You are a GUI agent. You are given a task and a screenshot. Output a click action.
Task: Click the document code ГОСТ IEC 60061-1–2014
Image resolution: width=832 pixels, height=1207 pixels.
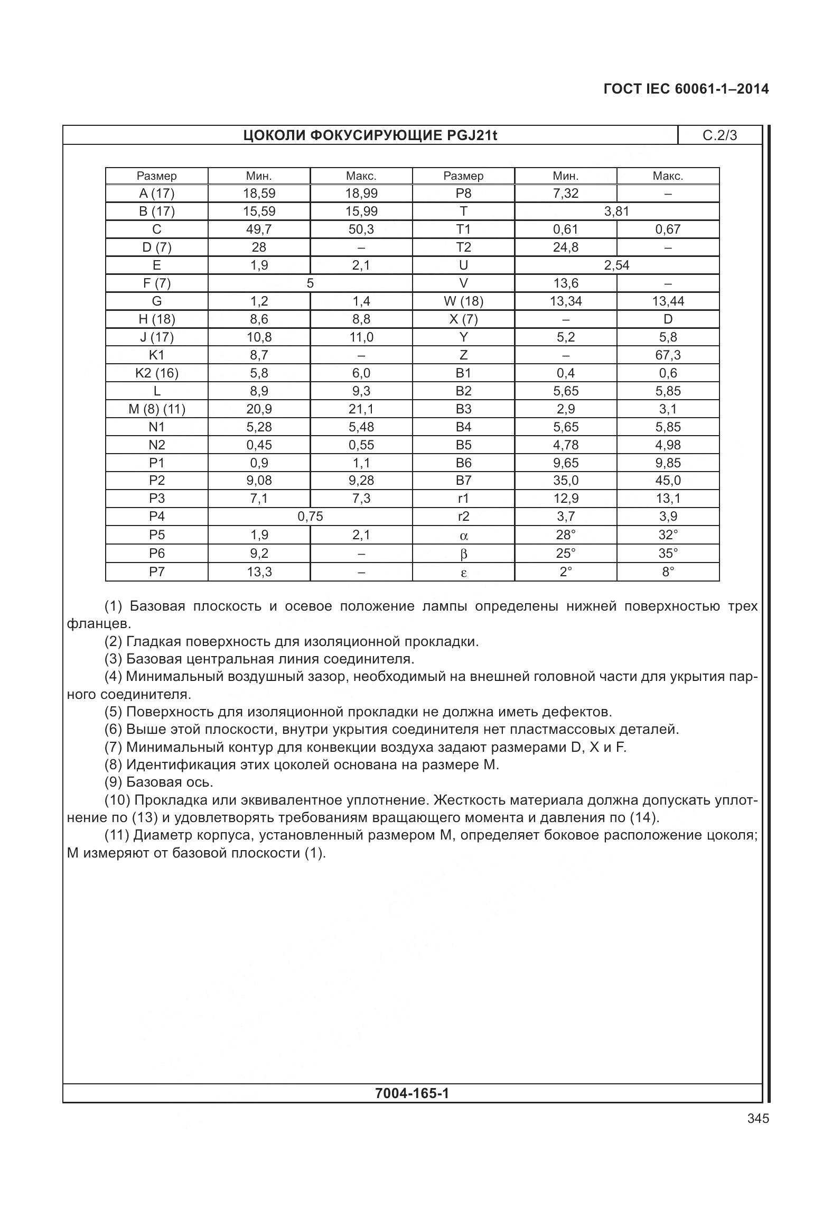(686, 89)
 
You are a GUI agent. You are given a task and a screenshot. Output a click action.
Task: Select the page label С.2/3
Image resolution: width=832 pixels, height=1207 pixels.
(719, 135)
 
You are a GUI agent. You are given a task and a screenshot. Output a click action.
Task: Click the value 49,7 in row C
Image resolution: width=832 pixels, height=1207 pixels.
(259, 229)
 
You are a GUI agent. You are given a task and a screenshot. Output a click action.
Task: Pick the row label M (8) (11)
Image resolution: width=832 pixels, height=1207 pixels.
(157, 409)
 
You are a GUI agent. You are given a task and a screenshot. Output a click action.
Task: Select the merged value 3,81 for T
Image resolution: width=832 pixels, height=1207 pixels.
(616, 211)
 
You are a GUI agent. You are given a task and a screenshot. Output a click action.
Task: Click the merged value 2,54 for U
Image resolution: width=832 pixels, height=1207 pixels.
(616, 265)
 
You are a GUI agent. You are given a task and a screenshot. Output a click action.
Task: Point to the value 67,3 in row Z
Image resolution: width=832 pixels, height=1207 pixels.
(668, 355)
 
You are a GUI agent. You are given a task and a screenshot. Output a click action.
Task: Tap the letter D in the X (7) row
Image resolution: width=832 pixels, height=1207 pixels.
(668, 319)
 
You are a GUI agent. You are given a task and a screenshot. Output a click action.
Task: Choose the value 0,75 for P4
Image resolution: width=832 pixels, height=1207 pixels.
(310, 517)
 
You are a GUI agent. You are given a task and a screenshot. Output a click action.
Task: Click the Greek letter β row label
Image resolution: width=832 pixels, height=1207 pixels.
(463, 554)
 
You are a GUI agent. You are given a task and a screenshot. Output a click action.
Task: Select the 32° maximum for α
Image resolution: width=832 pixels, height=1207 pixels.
(668, 535)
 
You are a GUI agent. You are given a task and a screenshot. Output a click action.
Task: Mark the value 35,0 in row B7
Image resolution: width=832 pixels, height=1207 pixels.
(565, 481)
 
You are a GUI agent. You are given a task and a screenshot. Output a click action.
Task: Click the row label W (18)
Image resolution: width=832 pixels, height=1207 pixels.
(463, 301)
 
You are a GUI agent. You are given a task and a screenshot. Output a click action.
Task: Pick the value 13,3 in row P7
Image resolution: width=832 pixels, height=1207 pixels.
(259, 572)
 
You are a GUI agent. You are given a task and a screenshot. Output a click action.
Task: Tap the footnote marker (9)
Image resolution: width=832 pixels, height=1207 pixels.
(114, 782)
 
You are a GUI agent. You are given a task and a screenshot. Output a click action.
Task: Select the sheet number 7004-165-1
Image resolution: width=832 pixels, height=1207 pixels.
(412, 1093)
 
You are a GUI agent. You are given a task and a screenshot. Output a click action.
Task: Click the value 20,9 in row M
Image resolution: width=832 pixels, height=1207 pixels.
(259, 409)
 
